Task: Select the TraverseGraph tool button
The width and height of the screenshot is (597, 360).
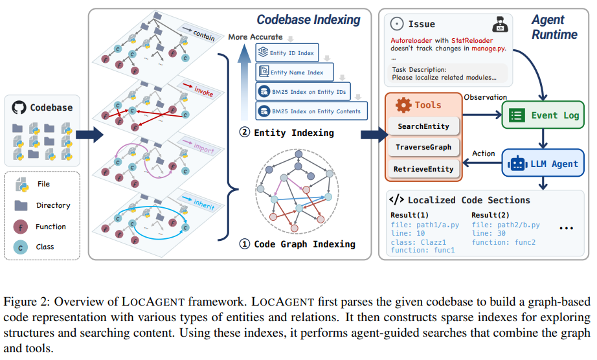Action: pyautogui.click(x=423, y=148)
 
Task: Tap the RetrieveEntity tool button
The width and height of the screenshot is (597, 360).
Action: pyautogui.click(x=423, y=169)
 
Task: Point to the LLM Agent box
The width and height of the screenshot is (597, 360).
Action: pyautogui.click(x=543, y=164)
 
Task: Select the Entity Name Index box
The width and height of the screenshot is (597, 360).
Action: pyautogui.click(x=295, y=72)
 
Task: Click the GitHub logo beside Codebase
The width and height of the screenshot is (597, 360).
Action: pyautogui.click(x=19, y=107)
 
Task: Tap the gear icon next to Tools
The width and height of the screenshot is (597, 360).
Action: pyautogui.click(x=403, y=105)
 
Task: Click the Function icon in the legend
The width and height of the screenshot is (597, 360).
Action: pyautogui.click(x=21, y=227)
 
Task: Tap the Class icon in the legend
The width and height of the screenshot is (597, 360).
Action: pyautogui.click(x=21, y=247)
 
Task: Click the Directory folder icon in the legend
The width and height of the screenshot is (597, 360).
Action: pyautogui.click(x=21, y=206)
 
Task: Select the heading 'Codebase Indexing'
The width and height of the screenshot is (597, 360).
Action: pyautogui.click(x=308, y=19)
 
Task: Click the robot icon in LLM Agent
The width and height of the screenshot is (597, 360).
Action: pyautogui.click(x=517, y=164)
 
